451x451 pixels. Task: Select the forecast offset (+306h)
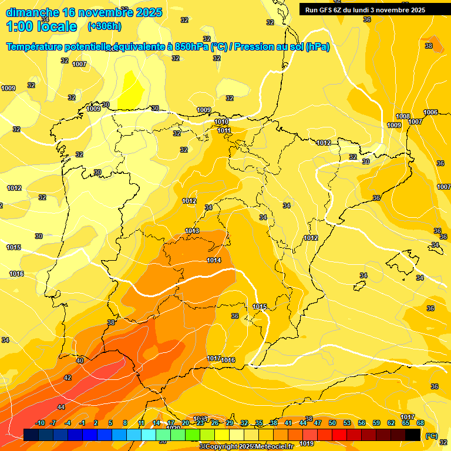coord(105,26)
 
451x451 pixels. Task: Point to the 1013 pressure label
coord(192,231)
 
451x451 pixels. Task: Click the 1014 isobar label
coord(214,260)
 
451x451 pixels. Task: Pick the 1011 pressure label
coord(224,130)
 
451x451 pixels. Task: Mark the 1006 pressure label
coord(430,112)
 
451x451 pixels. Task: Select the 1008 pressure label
coord(403,116)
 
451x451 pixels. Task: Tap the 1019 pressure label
coord(307,443)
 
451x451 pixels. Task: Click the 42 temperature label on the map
coord(68,378)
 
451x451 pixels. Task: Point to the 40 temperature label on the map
coord(80,361)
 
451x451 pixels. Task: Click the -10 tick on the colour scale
coord(40,423)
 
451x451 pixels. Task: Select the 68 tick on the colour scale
coord(420,423)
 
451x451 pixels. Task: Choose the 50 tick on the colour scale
coord(332,423)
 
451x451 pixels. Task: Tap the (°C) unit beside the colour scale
coord(431,436)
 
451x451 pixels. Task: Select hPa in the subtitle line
coord(317,47)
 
